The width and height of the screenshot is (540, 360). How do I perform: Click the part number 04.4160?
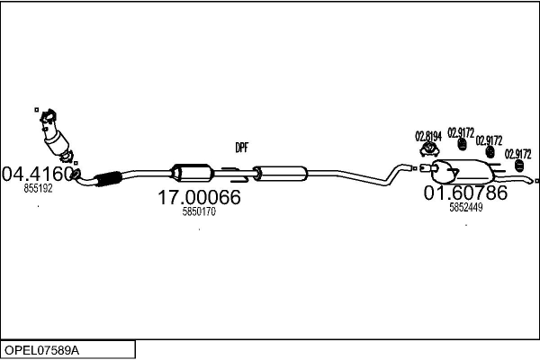(x=37, y=172)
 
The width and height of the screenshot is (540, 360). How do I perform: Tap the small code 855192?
(x=38, y=189)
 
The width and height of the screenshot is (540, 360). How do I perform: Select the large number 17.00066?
(x=199, y=197)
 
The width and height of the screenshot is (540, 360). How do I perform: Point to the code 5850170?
(x=199, y=212)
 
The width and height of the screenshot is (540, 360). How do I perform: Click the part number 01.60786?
(x=465, y=193)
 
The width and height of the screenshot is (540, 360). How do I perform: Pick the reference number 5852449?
(x=465, y=207)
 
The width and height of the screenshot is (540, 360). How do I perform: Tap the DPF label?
(x=242, y=148)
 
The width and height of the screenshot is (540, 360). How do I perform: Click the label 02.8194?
(x=428, y=137)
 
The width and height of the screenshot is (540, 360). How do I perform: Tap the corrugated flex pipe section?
(x=107, y=178)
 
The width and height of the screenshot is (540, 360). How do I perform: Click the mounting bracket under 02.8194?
(x=428, y=151)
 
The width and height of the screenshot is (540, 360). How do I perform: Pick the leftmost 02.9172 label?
(x=461, y=132)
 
